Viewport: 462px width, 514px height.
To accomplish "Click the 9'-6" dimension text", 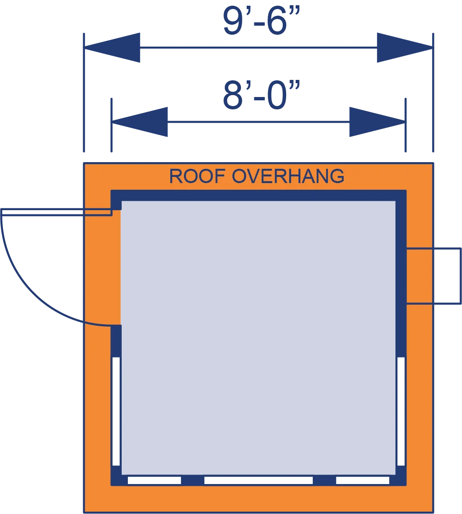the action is (x=261, y=21).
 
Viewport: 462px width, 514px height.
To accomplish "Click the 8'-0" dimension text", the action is (x=261, y=95).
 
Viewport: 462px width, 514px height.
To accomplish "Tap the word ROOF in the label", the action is (x=197, y=176).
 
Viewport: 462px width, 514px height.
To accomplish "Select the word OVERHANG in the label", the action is (x=288, y=176).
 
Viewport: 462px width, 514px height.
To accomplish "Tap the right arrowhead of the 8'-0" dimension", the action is (x=377, y=122).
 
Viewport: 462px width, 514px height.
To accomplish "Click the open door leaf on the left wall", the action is (x=57, y=212).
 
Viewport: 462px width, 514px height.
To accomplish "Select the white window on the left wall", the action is (x=116, y=411).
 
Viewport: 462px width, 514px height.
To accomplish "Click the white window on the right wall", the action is (x=401, y=411).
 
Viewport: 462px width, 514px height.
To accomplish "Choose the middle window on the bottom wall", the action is (x=259, y=480).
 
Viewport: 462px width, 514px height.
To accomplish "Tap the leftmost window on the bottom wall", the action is (x=154, y=480).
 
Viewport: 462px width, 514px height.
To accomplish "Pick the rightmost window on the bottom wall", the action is (x=363, y=480).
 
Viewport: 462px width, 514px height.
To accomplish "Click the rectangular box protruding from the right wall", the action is (x=434, y=276).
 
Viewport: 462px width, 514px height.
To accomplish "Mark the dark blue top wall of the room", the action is (x=259, y=195).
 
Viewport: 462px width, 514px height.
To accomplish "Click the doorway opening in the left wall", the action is (x=116, y=268).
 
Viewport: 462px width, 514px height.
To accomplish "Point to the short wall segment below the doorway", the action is (x=116, y=341).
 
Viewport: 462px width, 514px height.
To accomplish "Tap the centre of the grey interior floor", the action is (x=258, y=338).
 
